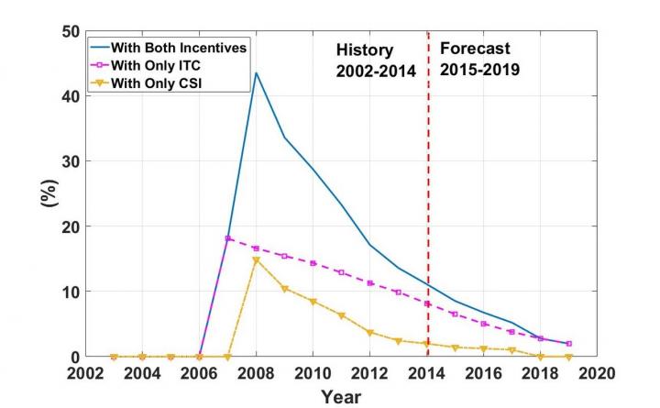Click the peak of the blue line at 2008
click(256, 73)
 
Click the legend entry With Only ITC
click(161, 66)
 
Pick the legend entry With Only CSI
click(161, 83)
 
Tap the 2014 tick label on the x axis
click(426, 373)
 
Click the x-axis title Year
click(340, 396)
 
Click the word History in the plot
click(363, 50)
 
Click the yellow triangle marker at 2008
click(256, 260)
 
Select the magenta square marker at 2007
click(228, 238)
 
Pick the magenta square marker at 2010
click(313, 263)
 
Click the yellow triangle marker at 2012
click(370, 332)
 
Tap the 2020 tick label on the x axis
click(597, 373)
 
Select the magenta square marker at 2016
click(484, 324)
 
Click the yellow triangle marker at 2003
click(114, 357)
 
